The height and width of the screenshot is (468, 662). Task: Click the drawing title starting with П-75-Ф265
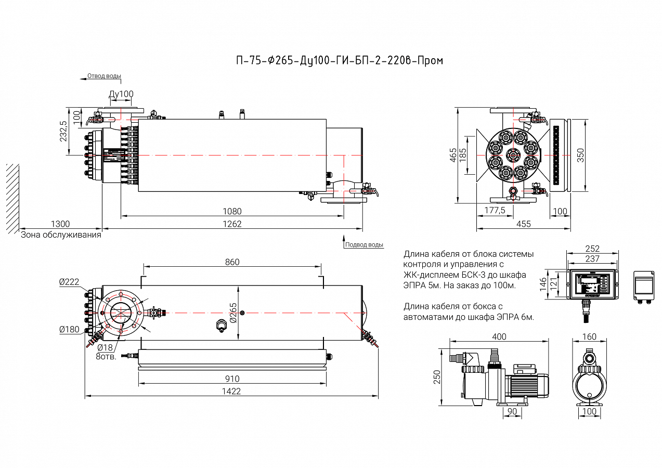(340, 60)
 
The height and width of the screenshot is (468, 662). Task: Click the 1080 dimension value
(232, 211)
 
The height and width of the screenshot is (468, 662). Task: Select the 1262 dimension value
(232, 224)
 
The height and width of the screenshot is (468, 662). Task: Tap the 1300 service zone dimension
(60, 224)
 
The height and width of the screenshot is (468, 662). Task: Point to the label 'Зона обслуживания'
(61, 235)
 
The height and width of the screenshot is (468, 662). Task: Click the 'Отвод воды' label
(104, 76)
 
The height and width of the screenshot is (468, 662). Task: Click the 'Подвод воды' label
(365, 244)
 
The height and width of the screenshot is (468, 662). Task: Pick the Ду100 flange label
(121, 94)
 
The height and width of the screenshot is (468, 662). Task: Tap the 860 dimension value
(232, 262)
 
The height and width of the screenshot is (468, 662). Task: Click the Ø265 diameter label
(233, 313)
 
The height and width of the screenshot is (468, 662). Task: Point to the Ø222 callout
(69, 282)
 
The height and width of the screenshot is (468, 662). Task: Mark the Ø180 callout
(69, 329)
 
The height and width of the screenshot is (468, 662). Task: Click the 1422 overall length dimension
(231, 391)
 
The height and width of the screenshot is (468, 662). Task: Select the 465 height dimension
(453, 154)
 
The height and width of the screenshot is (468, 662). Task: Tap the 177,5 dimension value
(495, 210)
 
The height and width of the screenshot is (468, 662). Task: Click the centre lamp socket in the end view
(513, 154)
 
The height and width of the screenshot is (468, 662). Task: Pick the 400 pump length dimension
(499, 337)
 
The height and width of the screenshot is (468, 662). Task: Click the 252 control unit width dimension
(592, 249)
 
